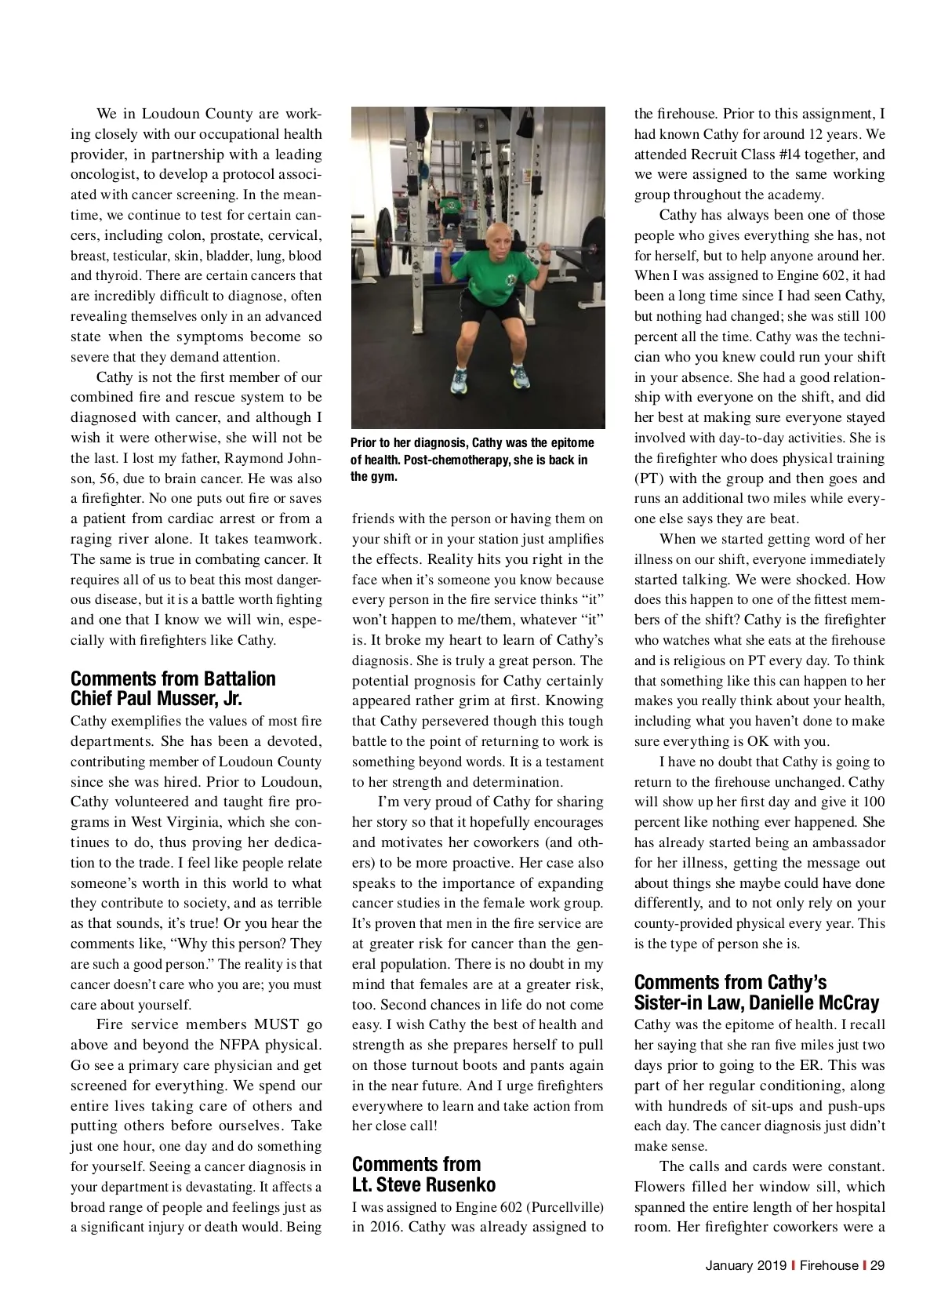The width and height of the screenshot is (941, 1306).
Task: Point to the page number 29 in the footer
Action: [877, 1265]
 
